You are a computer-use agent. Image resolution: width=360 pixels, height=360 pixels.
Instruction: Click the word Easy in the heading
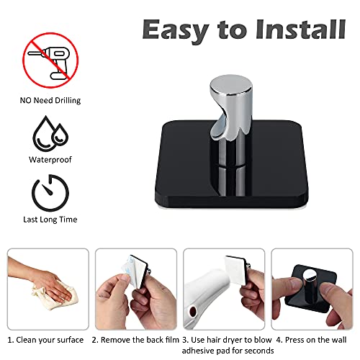point(176,31)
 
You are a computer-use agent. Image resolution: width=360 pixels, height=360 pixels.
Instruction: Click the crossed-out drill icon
point(50,60)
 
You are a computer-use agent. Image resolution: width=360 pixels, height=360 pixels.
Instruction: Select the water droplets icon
point(50,133)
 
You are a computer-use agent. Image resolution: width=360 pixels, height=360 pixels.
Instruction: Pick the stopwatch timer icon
point(50,193)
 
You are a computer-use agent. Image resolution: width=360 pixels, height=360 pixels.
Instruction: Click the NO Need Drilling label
point(50,100)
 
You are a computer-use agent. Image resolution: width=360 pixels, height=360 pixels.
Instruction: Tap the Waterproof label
point(50,160)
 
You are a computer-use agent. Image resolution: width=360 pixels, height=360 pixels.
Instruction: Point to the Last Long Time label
point(50,220)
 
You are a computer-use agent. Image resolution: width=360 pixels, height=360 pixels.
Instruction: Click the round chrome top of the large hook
point(231,85)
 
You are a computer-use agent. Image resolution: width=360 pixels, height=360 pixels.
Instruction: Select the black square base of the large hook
point(232,163)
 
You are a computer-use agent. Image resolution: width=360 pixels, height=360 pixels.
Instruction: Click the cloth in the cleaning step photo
point(56,297)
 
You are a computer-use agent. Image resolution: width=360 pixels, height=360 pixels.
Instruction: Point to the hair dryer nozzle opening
point(192,312)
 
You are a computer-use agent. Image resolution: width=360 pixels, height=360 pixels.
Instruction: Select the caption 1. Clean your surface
point(45,340)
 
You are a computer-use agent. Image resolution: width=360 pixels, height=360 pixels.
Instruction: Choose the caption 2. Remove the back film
point(135,340)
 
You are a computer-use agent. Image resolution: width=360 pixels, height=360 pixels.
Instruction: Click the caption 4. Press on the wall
point(311,340)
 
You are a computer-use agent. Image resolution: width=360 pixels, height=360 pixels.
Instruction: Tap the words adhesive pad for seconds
point(228,351)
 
